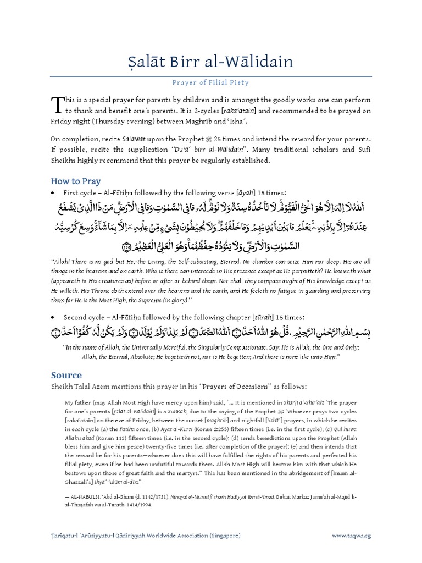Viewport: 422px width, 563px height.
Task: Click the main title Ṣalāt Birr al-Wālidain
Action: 211,61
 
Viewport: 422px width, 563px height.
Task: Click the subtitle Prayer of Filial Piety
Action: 211,83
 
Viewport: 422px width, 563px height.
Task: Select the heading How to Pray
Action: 76,181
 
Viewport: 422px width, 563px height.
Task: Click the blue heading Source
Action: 66,376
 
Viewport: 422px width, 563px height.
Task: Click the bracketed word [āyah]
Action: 247,194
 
